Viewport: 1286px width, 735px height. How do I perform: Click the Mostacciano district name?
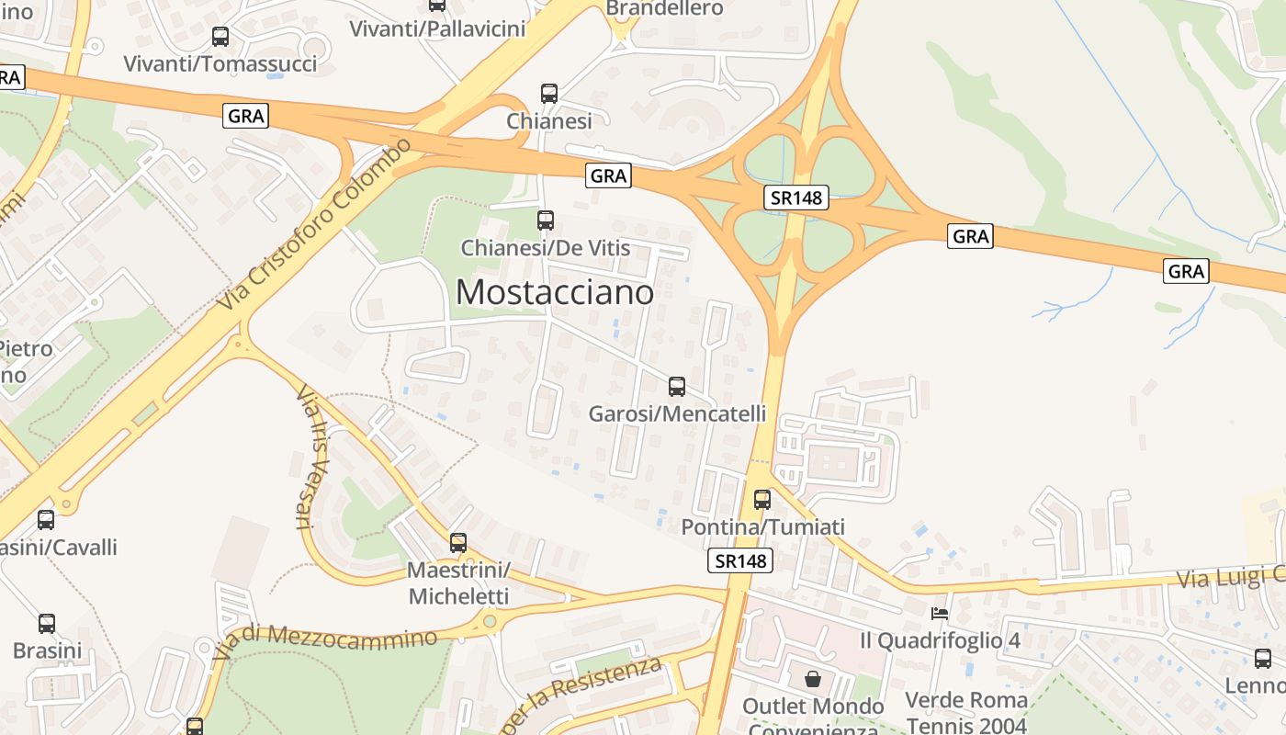[x=555, y=292]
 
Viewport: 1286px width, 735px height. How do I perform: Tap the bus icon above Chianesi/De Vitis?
[x=546, y=220]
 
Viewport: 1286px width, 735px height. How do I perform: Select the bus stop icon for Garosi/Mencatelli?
[x=677, y=387]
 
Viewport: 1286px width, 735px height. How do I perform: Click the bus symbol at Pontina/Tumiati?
[x=762, y=500]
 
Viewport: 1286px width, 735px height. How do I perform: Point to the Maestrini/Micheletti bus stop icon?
[x=458, y=543]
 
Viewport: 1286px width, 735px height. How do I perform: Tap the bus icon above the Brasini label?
[x=47, y=624]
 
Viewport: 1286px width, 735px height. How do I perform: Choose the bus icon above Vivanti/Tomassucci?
[x=220, y=37]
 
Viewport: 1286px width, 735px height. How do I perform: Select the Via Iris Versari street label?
[x=309, y=458]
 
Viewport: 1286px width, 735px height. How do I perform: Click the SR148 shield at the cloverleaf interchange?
[x=795, y=197]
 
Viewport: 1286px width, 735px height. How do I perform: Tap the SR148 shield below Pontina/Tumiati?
[x=740, y=560]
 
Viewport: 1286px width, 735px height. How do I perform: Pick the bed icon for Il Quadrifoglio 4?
[x=939, y=613]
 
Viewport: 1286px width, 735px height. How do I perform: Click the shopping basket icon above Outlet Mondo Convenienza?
[x=813, y=680]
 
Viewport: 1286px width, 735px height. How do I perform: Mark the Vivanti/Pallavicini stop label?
[x=437, y=28]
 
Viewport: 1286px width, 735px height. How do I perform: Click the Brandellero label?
[x=665, y=8]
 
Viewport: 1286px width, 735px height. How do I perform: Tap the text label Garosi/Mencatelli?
[x=677, y=413]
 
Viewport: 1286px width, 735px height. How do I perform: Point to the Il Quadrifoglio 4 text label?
[x=941, y=639]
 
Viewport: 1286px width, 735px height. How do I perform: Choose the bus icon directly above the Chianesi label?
[x=549, y=94]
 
